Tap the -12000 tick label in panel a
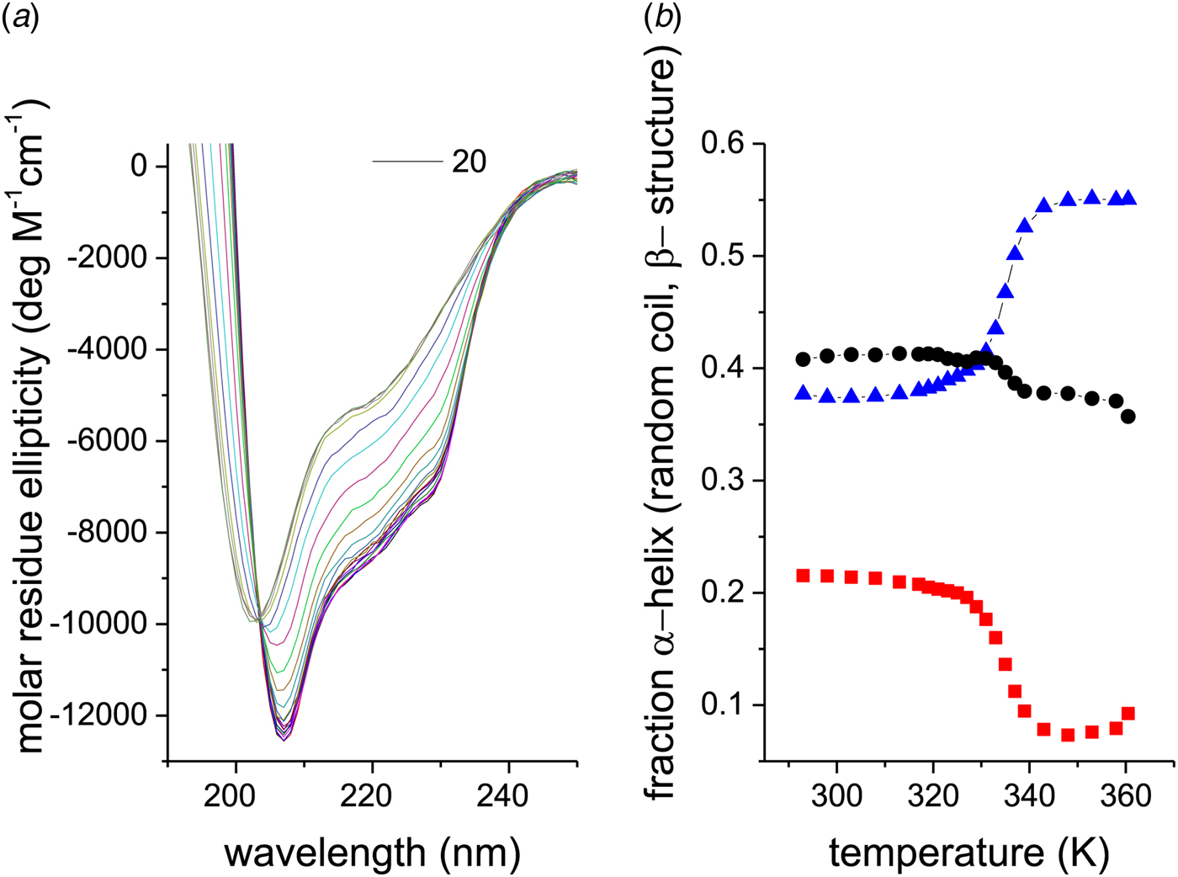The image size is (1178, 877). pos(98,715)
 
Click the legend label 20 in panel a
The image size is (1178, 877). pos(470,162)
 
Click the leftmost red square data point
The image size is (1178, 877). pos(803,576)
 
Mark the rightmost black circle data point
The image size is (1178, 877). pos(1128,416)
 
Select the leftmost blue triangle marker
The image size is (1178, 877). pos(803,393)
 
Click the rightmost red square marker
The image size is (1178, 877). pos(1128,714)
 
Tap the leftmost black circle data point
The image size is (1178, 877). pos(803,359)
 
